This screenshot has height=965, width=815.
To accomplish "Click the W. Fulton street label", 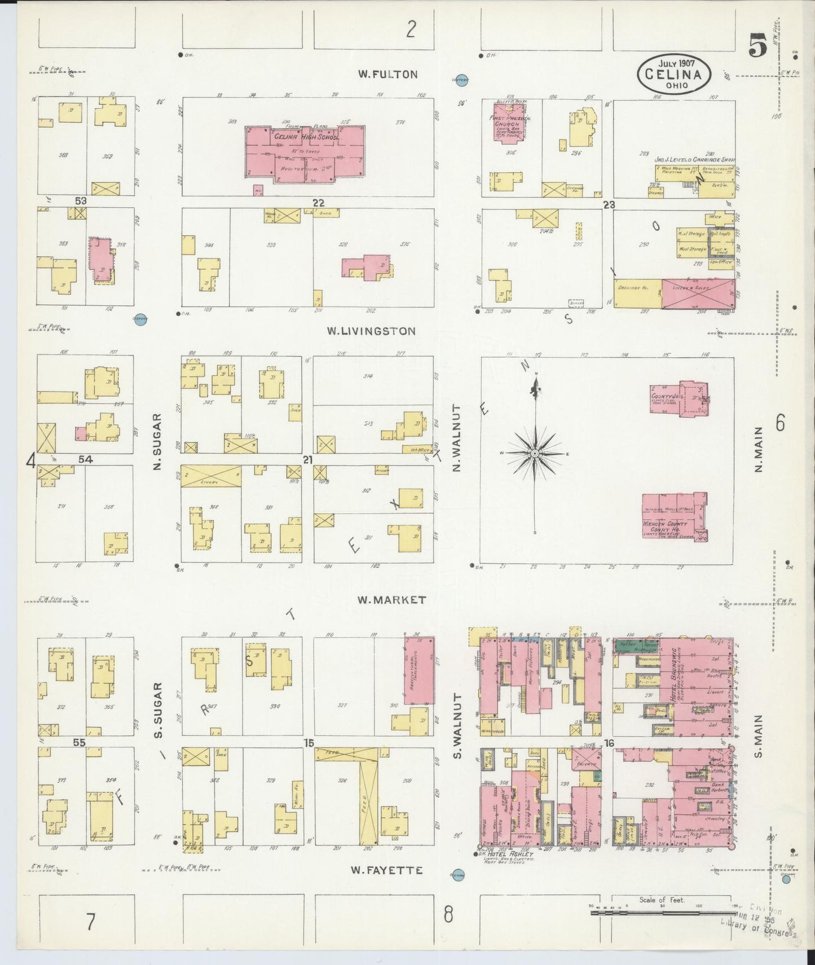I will pos(388,74).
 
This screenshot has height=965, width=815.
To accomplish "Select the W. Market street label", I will pos(391,600).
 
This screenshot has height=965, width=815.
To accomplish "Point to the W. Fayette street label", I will pos(386,870).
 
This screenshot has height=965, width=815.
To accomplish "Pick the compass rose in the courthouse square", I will pos(534,453).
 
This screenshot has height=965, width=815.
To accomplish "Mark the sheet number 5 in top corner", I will pos(757,46).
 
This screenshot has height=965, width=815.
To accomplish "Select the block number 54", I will pos(85,459).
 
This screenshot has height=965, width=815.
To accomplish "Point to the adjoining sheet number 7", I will pos(91,922).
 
